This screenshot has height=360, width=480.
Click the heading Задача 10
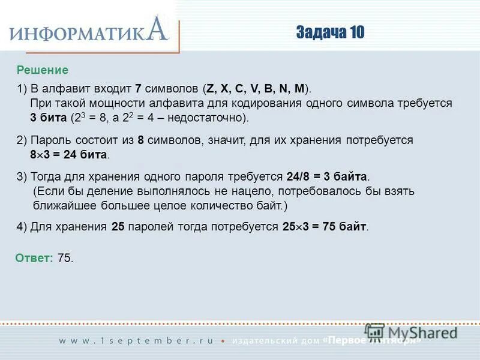329,32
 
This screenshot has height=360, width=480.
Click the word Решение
43,70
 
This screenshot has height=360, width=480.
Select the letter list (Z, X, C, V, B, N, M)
257,89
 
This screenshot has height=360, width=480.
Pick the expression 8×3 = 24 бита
70,155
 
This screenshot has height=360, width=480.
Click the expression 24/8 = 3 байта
327,178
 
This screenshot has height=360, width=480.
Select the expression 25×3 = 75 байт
325,227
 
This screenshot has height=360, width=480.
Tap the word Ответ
34,258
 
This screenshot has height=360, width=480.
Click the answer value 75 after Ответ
65,258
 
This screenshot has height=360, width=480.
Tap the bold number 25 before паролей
118,227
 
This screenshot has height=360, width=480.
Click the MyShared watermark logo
411,332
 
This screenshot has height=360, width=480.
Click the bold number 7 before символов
137,89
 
